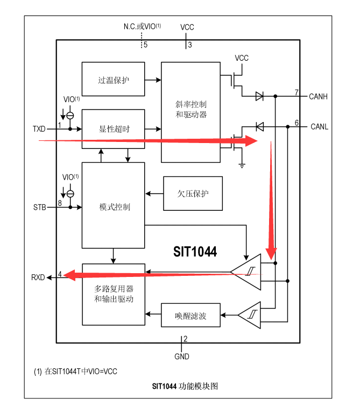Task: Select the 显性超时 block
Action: tap(114, 129)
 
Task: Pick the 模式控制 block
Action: tap(114, 206)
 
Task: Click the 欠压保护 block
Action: tap(193, 193)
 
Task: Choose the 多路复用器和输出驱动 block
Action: tap(114, 294)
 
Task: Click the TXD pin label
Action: tap(39, 129)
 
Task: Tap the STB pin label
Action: tap(39, 206)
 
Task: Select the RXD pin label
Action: tap(38, 277)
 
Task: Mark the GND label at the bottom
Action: tap(182, 356)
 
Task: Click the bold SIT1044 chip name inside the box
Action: tap(195, 251)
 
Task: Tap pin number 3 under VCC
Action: tap(189, 45)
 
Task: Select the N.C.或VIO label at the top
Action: tap(142, 26)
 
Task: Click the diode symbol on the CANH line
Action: tap(259, 96)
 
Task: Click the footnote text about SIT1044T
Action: tap(76, 371)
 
